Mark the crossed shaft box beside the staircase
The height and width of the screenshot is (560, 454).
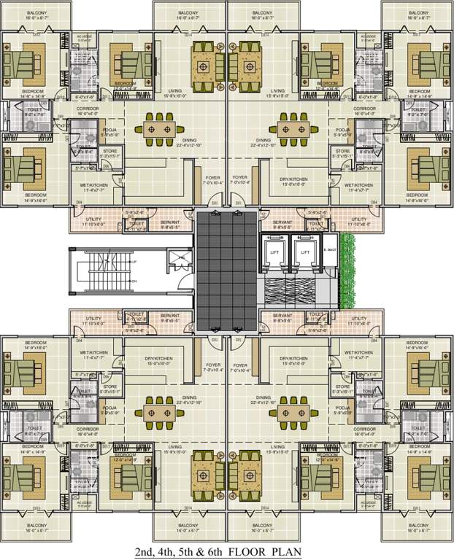[x=177, y=258]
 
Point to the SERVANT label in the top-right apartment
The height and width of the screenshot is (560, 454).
[x=282, y=222]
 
